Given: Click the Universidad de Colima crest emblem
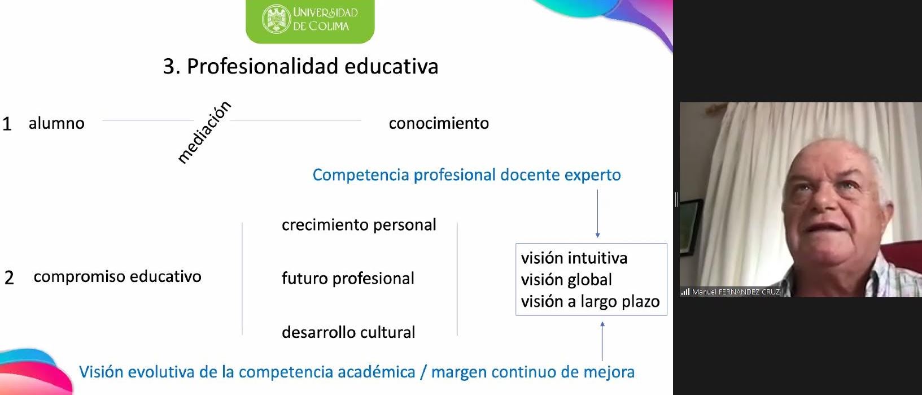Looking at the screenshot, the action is point(276,19).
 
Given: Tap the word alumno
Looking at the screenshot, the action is point(56,123).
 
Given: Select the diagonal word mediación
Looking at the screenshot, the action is point(204,132).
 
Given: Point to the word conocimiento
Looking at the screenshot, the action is point(439,123).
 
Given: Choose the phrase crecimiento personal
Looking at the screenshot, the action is point(359,225).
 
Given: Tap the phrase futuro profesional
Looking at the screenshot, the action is point(348,279).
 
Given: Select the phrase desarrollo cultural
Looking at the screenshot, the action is point(348,332).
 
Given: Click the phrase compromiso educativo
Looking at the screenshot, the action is point(117,277).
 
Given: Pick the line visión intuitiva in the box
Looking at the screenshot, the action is point(574,258).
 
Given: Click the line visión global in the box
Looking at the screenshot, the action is point(566,280).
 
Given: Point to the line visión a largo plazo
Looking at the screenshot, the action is point(590,302).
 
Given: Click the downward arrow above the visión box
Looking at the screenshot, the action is point(598,214).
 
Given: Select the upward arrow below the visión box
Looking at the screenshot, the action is point(602,341).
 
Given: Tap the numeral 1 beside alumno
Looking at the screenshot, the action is point(7,124).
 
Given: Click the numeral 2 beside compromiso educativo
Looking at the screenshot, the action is point(9,277).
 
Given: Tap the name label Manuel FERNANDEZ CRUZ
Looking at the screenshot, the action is point(736,292).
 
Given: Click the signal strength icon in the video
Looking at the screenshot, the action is point(685,292).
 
